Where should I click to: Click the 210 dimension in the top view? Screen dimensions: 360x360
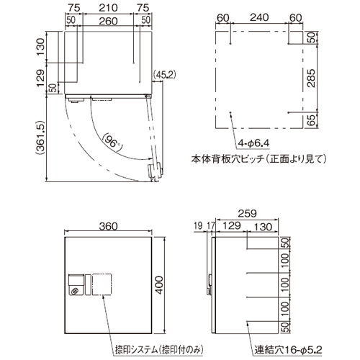108,8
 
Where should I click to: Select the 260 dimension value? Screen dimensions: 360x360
108,21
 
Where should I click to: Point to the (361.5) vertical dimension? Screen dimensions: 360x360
40,138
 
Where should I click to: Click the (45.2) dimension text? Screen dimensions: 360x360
164,75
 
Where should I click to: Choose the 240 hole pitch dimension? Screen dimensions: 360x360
259,17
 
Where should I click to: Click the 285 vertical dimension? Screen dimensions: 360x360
311,78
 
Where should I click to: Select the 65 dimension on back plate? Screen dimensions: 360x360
311,120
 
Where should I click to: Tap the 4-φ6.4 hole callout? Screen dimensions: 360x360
253,143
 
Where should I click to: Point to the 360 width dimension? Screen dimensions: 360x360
108,226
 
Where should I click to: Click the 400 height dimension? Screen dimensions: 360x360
159,285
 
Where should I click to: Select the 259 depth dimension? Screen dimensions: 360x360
247,213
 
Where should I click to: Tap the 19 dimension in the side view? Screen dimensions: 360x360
198,225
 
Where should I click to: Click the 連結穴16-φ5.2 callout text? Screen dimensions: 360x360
288,350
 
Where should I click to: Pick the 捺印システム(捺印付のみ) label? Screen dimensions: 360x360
159,350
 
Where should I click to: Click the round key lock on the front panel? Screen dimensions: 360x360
75,291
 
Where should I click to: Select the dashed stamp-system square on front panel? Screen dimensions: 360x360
102,284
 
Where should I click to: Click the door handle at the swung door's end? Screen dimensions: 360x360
155,171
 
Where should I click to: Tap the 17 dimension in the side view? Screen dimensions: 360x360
210,225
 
